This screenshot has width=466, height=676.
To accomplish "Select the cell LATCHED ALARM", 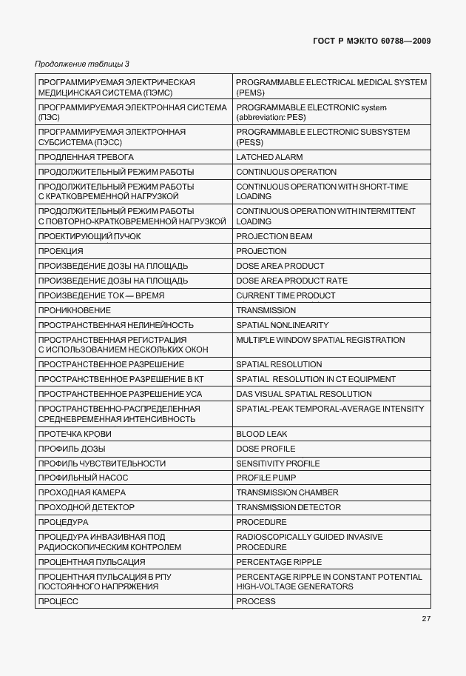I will click(x=269, y=157).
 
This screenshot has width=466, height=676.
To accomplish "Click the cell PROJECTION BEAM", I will click(x=274, y=236).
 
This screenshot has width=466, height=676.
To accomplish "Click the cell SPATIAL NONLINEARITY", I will click(x=282, y=325).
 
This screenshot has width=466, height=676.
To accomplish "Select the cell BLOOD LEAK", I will click(x=261, y=434).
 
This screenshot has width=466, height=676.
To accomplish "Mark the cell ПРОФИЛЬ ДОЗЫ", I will click(x=72, y=449).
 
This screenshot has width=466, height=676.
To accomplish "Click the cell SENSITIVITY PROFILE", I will click(x=277, y=464).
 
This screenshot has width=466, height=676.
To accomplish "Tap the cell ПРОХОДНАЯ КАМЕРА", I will click(x=81, y=492).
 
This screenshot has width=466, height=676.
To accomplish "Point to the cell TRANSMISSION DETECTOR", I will click(x=288, y=507).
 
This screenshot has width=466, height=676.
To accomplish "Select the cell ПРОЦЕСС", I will click(x=58, y=601).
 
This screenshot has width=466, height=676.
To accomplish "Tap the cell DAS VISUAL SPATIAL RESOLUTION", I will click(x=303, y=394).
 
